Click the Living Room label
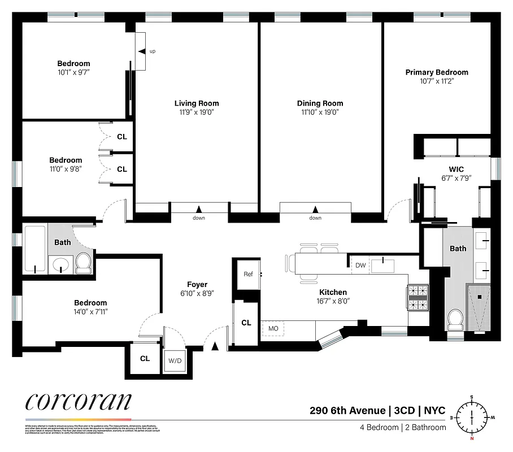[x=196, y=103]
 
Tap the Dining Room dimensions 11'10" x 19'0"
[x=320, y=112]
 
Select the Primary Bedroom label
[x=437, y=72]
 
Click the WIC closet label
[x=457, y=169]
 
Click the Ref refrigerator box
[x=248, y=274]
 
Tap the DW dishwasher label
[x=360, y=265]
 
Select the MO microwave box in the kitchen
[x=273, y=328]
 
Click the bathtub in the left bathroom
[x=34, y=249]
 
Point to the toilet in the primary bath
[x=455, y=320]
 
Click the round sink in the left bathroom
[x=59, y=263]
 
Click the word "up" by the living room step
[x=153, y=52]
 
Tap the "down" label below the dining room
[x=315, y=218]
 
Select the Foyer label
[x=197, y=285]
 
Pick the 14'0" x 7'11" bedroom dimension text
[x=86, y=311]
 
